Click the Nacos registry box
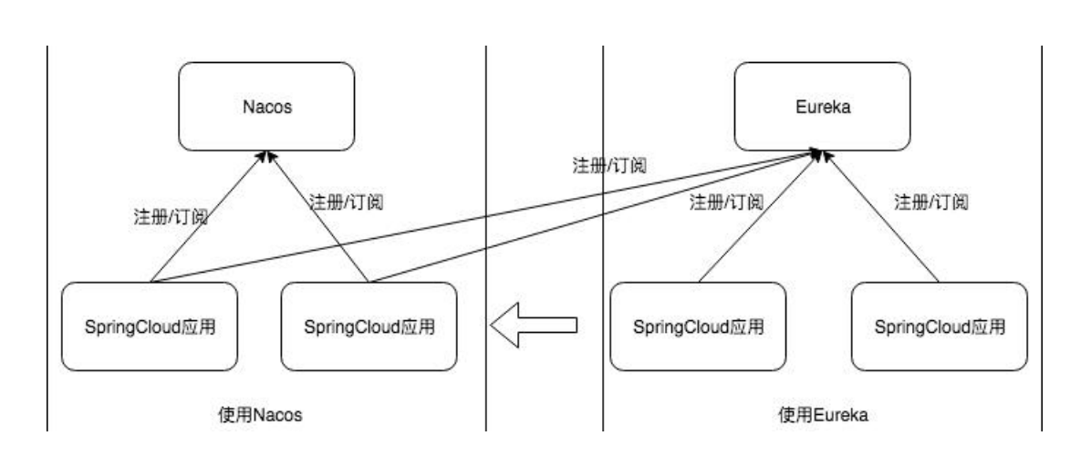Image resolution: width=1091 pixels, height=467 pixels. click(265, 107)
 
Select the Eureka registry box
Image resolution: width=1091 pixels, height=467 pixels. click(822, 107)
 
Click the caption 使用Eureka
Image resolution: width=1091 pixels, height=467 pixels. click(821, 415)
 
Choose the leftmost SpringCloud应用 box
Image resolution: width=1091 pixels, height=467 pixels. click(148, 326)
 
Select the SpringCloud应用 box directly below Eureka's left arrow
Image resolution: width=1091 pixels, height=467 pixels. click(697, 326)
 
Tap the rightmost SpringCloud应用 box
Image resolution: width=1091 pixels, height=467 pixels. click(940, 326)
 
